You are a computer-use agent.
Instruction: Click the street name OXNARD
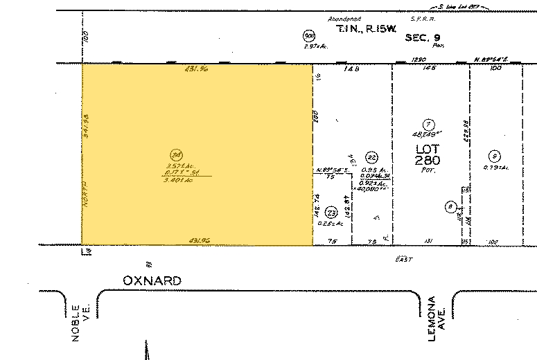152,280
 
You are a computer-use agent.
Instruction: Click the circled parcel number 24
176,155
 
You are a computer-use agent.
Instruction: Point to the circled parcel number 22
371,156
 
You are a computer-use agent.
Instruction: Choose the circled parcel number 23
331,213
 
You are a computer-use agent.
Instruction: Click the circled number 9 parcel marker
494,155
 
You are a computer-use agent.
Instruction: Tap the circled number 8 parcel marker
451,206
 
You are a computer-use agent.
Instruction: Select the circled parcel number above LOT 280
430,123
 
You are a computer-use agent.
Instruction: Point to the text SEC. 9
425,30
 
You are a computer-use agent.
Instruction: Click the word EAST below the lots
403,259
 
